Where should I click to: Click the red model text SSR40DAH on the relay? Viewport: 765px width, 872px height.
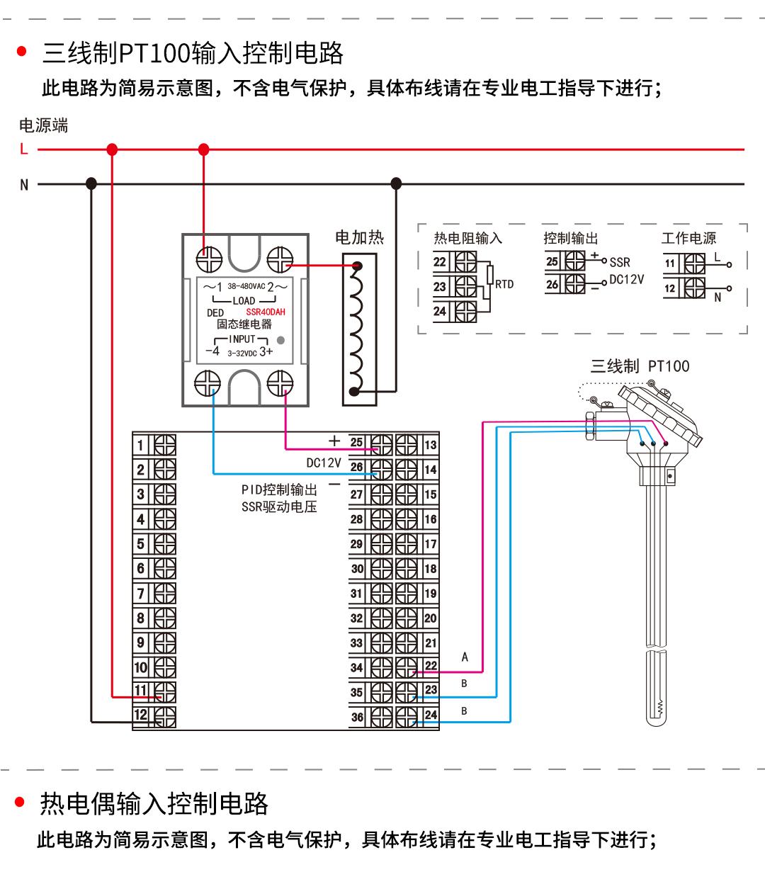tap(266, 312)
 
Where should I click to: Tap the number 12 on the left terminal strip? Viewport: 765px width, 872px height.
tap(141, 715)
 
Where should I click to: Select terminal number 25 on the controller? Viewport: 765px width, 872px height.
tap(356, 443)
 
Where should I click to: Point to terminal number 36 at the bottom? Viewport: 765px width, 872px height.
tap(357, 717)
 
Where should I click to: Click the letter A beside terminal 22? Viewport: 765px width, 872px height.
tap(465, 657)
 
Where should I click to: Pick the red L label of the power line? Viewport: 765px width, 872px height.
tap(24, 149)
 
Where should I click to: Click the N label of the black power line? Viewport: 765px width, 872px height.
tap(24, 185)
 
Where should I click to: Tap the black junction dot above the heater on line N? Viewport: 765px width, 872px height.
tap(396, 183)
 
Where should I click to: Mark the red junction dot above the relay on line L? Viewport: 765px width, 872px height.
tap(204, 149)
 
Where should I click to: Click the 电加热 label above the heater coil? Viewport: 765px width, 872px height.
tap(359, 237)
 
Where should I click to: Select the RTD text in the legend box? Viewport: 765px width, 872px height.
tap(504, 284)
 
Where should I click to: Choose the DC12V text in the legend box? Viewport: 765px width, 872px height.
tap(627, 280)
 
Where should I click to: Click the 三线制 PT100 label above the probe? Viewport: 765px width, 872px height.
tap(640, 366)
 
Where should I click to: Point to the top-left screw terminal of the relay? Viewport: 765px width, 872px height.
tap(209, 260)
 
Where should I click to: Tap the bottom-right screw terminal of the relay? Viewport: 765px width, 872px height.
tap(280, 384)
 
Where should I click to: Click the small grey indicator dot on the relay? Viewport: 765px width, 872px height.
tap(280, 340)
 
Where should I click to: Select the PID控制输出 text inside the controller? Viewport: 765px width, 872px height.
tap(279, 489)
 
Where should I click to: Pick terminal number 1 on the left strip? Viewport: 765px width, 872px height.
tap(140, 445)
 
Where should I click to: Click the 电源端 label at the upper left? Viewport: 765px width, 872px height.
tap(43, 125)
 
